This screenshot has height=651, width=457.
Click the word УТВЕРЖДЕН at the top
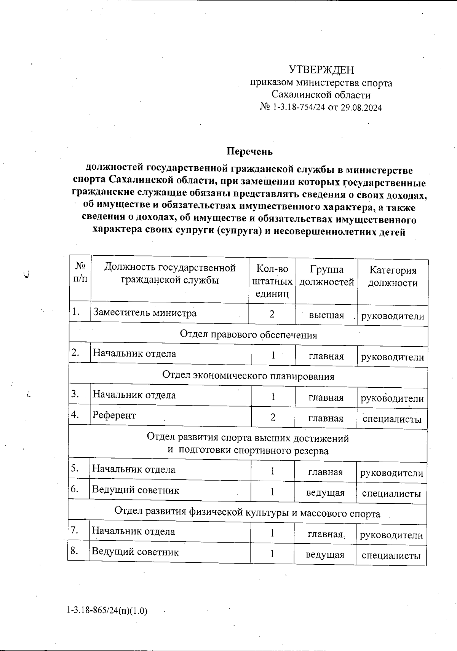click(321, 70)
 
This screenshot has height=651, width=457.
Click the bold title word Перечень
click(250, 151)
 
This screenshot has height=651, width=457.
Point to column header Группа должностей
click(326, 276)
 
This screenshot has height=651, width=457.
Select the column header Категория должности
click(393, 277)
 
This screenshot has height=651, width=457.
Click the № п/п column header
click(80, 272)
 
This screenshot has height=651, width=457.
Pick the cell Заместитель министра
click(145, 313)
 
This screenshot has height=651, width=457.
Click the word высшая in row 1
click(326, 315)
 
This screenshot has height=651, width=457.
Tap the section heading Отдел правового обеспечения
click(248, 335)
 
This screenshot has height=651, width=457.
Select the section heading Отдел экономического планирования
click(248, 376)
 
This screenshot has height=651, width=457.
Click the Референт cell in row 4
click(114, 415)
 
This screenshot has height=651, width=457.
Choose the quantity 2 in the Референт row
click(273, 417)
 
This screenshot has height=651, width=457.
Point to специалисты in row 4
click(392, 419)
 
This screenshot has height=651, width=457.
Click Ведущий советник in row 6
click(135, 490)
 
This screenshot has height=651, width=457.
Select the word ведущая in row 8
click(325, 555)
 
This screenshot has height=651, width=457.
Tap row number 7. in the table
click(75, 530)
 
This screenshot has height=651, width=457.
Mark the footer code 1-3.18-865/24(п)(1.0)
click(107, 611)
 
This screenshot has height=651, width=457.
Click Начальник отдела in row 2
click(134, 354)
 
